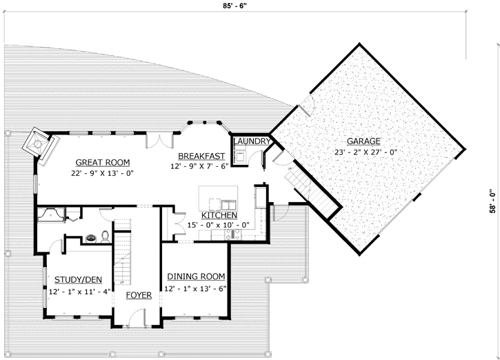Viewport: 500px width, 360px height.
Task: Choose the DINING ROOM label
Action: tap(195, 277)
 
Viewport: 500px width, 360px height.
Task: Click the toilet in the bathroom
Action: tap(103, 237)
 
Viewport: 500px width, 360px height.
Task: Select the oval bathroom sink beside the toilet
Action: tap(90, 239)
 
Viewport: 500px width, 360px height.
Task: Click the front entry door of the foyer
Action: tap(139, 318)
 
